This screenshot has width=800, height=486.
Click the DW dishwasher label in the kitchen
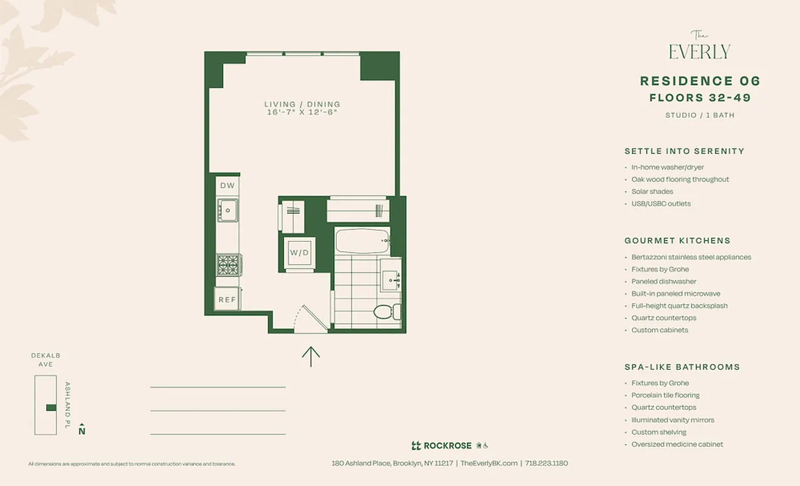[227, 186]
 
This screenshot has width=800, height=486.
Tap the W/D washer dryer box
[299, 252]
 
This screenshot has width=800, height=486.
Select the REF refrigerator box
[227, 299]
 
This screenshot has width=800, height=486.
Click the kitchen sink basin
[228, 210]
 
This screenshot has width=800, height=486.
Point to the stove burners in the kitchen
[228, 265]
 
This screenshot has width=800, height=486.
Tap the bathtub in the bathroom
[362, 241]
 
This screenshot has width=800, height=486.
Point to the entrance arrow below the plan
[311, 357]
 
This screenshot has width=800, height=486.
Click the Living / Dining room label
[302, 104]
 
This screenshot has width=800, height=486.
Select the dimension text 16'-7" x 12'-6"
[302, 112]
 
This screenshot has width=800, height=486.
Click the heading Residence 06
[700, 81]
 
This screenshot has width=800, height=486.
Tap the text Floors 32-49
[700, 98]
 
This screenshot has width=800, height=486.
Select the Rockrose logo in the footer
[441, 445]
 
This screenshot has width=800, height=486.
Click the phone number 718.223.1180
[546, 463]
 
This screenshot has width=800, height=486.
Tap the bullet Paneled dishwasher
[663, 281]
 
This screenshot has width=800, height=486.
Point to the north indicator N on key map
[82, 430]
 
